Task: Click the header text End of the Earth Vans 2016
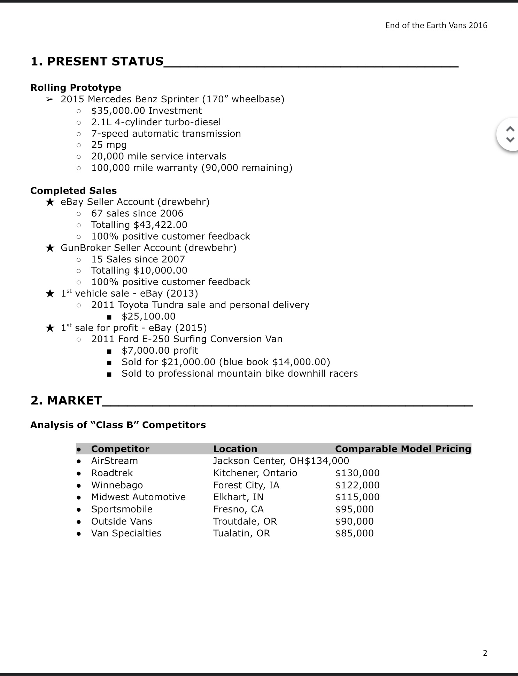pyautogui.click(x=436, y=25)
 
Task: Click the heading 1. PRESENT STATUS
pyautogui.click(x=97, y=62)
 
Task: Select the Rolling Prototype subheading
pyautogui.click(x=76, y=87)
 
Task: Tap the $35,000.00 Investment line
pyautogui.click(x=146, y=111)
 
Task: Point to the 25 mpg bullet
pyautogui.click(x=109, y=145)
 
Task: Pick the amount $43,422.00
pyautogui.click(x=160, y=225)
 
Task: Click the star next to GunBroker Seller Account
pyautogui.click(x=50, y=248)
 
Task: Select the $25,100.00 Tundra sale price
pyautogui.click(x=148, y=316)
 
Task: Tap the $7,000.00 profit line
pyautogui.click(x=160, y=351)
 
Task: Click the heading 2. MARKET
pyautogui.click(x=66, y=401)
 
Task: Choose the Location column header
pyautogui.click(x=235, y=449)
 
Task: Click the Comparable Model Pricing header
pyautogui.click(x=403, y=449)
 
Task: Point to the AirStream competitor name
pyautogui.click(x=114, y=461)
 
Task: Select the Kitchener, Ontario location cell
pyautogui.click(x=255, y=473)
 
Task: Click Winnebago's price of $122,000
pyautogui.click(x=357, y=485)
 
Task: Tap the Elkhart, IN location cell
pyautogui.click(x=238, y=497)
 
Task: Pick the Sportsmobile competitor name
pyautogui.click(x=122, y=509)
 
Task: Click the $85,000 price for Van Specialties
pyautogui.click(x=354, y=533)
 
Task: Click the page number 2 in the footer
pyautogui.click(x=485, y=653)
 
